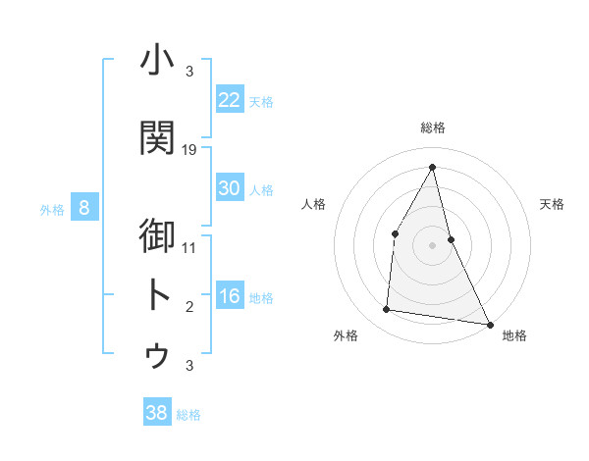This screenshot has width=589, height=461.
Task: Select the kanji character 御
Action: click(x=157, y=238)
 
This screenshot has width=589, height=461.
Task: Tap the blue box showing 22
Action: click(x=230, y=100)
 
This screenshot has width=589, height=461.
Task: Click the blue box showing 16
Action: click(x=230, y=296)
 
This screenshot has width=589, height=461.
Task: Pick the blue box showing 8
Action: click(x=84, y=208)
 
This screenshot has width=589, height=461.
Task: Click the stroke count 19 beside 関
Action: click(x=189, y=150)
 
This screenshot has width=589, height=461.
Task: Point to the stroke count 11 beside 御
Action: click(x=189, y=247)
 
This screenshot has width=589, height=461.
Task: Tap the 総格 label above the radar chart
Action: click(x=432, y=128)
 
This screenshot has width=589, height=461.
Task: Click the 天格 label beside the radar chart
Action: click(x=552, y=204)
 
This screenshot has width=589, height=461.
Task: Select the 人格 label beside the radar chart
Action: click(x=313, y=204)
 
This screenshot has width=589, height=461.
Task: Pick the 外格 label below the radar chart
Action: click(x=346, y=336)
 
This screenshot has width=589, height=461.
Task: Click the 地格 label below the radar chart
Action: click(x=514, y=336)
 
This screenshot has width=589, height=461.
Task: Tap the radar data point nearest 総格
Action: click(x=432, y=166)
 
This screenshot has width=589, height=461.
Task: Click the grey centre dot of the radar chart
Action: click(x=432, y=244)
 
